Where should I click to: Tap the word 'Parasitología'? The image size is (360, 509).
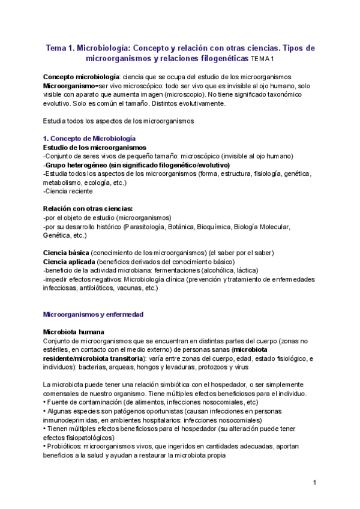pos(148,226)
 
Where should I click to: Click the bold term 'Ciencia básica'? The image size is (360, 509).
pos(67,253)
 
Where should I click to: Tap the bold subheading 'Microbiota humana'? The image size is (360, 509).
pos(74,331)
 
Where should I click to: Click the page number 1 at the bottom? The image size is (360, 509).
pos(314,483)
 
